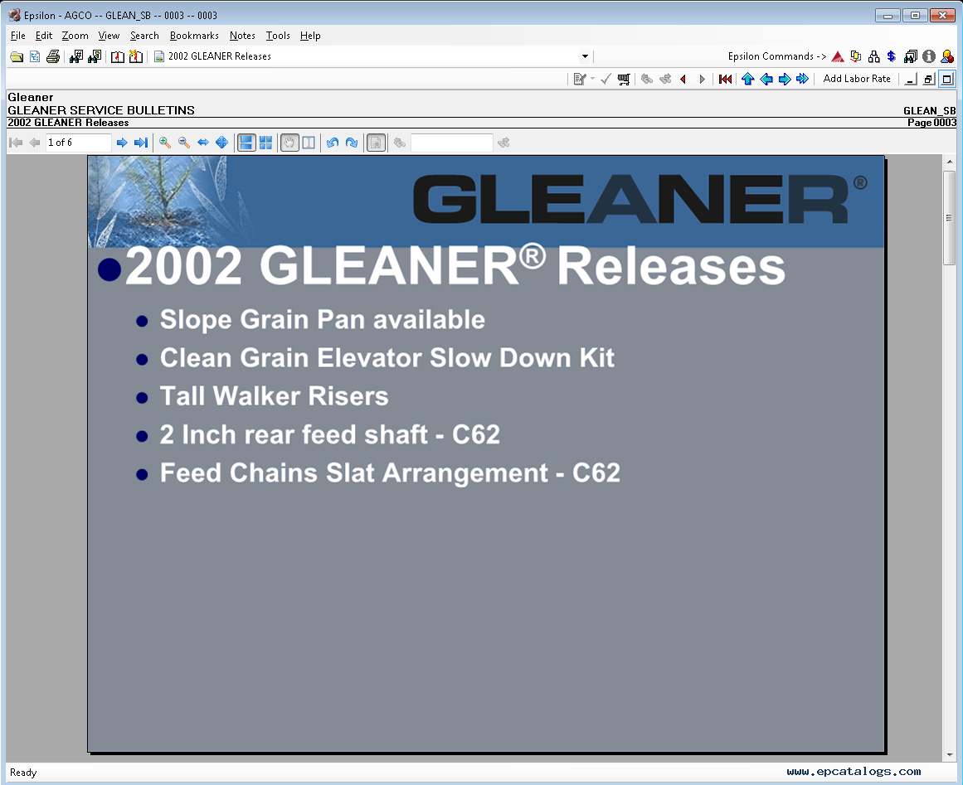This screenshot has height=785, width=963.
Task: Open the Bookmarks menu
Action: [x=194, y=36]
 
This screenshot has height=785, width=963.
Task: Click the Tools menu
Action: [x=278, y=36]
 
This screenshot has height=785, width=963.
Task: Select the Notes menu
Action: [x=242, y=36]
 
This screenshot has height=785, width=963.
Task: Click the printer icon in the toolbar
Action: [x=53, y=56]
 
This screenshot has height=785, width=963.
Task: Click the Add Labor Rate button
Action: [x=857, y=79]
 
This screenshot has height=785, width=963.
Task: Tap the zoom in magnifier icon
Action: [x=164, y=143]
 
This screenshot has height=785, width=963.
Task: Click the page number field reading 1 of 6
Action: [x=78, y=143]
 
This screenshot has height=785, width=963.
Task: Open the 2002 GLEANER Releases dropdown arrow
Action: [x=586, y=56]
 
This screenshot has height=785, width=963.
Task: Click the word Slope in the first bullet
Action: [x=196, y=320]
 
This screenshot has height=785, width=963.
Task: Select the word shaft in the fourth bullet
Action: [x=396, y=434]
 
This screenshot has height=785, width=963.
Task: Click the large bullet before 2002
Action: [x=109, y=269]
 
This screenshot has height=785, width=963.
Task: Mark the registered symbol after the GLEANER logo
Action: [x=860, y=182]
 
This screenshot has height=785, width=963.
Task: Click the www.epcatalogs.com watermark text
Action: [x=854, y=772]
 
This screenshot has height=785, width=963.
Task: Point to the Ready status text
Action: [x=23, y=773]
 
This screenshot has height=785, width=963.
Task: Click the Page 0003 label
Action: [x=931, y=123]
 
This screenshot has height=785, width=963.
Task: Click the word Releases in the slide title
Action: [x=671, y=266]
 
